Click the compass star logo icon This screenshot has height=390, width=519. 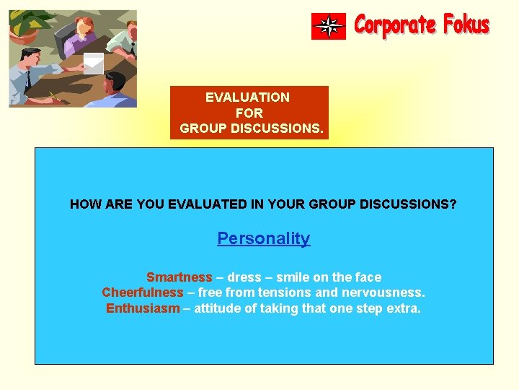[329, 27]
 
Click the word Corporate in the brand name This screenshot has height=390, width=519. [396, 26]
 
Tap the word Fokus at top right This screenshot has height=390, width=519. [466, 26]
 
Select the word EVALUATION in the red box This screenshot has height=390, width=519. [247, 97]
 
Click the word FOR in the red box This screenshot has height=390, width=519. [249, 113]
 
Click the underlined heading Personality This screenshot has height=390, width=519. [263, 238]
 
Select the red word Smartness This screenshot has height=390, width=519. [179, 277]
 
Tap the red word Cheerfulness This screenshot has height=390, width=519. [143, 292]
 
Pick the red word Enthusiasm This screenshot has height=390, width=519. [143, 308]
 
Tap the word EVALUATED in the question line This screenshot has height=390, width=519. [201, 204]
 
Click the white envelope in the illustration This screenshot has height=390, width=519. [94, 64]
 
